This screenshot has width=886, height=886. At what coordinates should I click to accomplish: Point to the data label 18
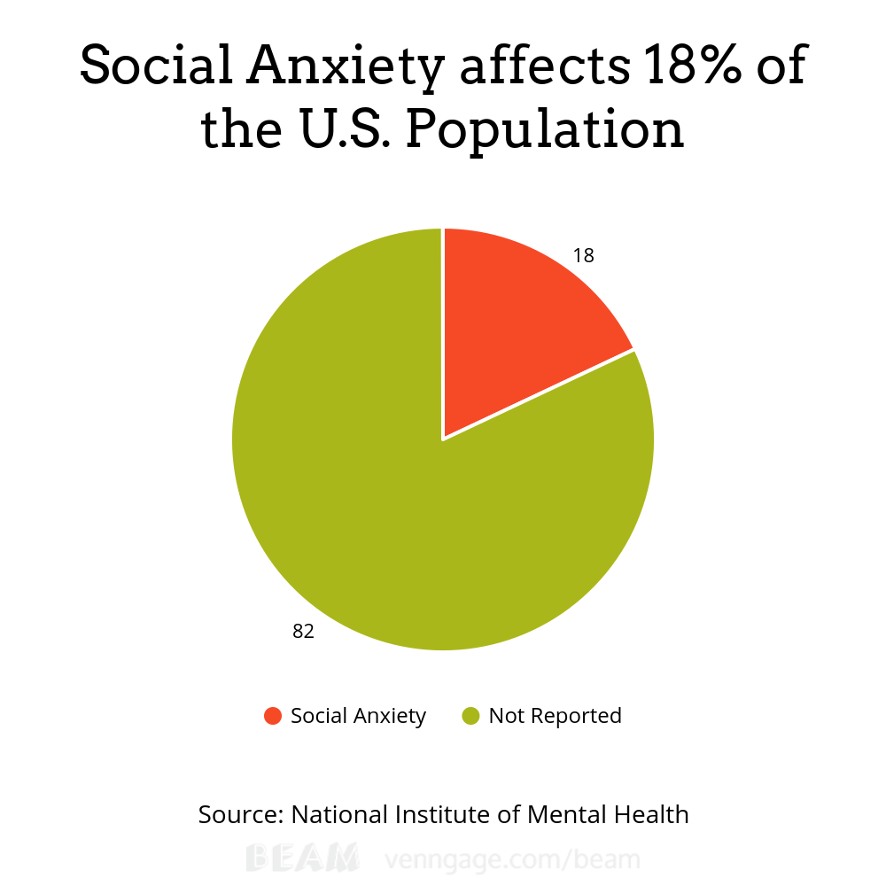tap(583, 256)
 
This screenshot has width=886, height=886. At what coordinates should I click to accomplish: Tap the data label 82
tap(304, 632)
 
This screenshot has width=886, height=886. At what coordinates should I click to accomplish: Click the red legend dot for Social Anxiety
tap(273, 716)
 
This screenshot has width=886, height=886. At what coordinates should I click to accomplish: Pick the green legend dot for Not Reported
tap(470, 716)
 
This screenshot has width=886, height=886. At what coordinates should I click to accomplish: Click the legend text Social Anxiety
tap(358, 716)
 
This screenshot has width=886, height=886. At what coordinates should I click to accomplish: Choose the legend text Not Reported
tap(556, 716)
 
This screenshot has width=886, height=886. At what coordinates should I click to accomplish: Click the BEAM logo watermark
tap(302, 859)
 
